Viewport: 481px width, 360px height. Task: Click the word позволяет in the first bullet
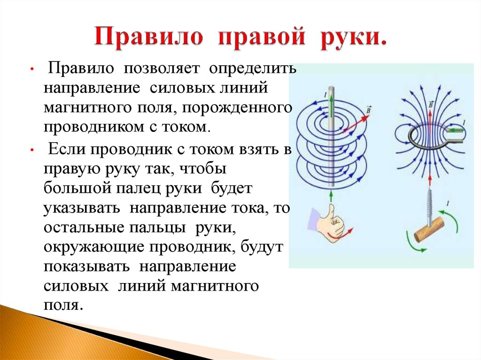point(162,68)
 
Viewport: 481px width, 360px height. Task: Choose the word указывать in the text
point(82,208)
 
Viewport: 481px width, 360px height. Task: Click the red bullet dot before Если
point(31,151)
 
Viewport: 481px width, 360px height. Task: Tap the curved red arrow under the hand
point(341,234)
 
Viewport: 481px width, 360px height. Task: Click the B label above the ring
point(431,105)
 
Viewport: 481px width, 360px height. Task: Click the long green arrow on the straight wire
point(332,106)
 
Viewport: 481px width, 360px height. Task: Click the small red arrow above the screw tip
point(430,180)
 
